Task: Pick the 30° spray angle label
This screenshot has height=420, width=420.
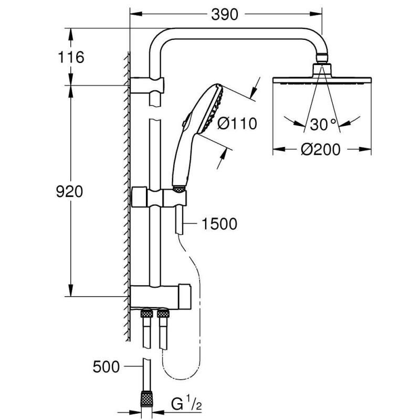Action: pos(322,125)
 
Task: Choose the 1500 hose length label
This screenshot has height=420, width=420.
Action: pos(218,224)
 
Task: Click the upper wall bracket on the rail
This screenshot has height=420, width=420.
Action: pos(149,84)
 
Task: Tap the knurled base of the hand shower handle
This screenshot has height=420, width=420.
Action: pos(178,187)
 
